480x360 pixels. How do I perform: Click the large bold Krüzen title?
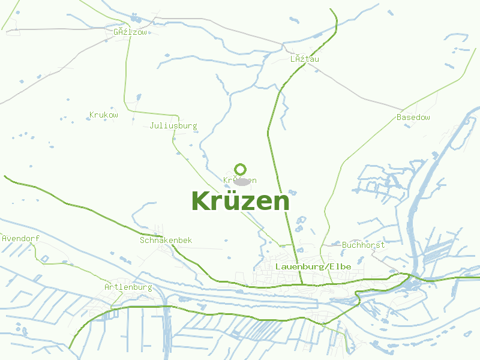(240, 201)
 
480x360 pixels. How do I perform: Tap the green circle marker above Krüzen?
(241, 169)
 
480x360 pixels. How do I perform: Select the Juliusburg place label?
(173, 126)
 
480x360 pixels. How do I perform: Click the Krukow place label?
(103, 115)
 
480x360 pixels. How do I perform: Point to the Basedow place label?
(413, 117)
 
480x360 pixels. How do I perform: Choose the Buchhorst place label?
(363, 245)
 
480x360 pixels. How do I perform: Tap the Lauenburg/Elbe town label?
(313, 266)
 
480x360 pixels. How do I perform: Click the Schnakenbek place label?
(166, 240)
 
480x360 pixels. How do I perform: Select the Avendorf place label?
(21, 238)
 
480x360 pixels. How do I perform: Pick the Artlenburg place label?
(128, 287)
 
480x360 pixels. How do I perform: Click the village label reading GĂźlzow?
(130, 32)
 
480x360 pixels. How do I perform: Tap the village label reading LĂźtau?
(304, 59)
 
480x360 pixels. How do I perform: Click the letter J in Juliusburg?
(152, 126)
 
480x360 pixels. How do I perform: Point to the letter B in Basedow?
(399, 117)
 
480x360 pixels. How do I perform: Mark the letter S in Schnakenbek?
(142, 240)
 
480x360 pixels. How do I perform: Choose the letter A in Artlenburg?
(107, 287)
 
